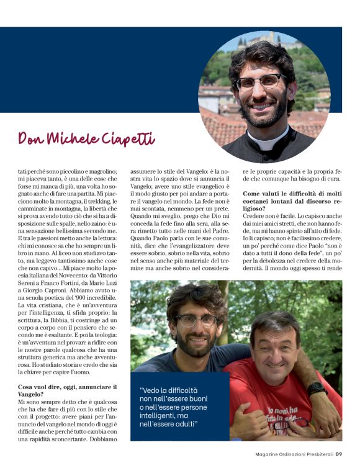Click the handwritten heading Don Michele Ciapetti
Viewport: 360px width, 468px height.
(x=86, y=138)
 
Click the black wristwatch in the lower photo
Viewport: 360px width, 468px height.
(x=316, y=389)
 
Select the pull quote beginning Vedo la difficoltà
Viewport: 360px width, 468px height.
(x=169, y=407)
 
